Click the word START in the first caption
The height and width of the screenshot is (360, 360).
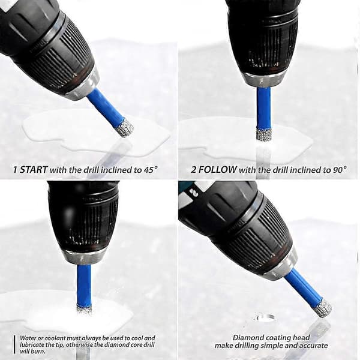click(34, 170)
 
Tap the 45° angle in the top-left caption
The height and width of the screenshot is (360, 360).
click(151, 170)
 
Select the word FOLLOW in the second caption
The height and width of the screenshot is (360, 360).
click(217, 170)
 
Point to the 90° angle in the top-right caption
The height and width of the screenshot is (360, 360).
click(340, 170)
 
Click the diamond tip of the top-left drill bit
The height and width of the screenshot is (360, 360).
click(125, 127)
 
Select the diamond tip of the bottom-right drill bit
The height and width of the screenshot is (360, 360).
click(323, 308)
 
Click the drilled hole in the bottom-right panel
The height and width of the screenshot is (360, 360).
click(264, 318)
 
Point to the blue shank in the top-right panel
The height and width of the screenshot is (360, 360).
click(264, 107)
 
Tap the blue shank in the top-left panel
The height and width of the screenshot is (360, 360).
click(106, 104)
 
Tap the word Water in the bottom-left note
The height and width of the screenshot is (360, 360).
click(27, 338)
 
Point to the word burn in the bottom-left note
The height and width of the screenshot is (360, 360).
click(40, 351)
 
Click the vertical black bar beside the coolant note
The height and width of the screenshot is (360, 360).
click(14, 344)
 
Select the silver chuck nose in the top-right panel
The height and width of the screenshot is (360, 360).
click(264, 79)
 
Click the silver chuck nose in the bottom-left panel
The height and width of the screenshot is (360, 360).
click(84, 257)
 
